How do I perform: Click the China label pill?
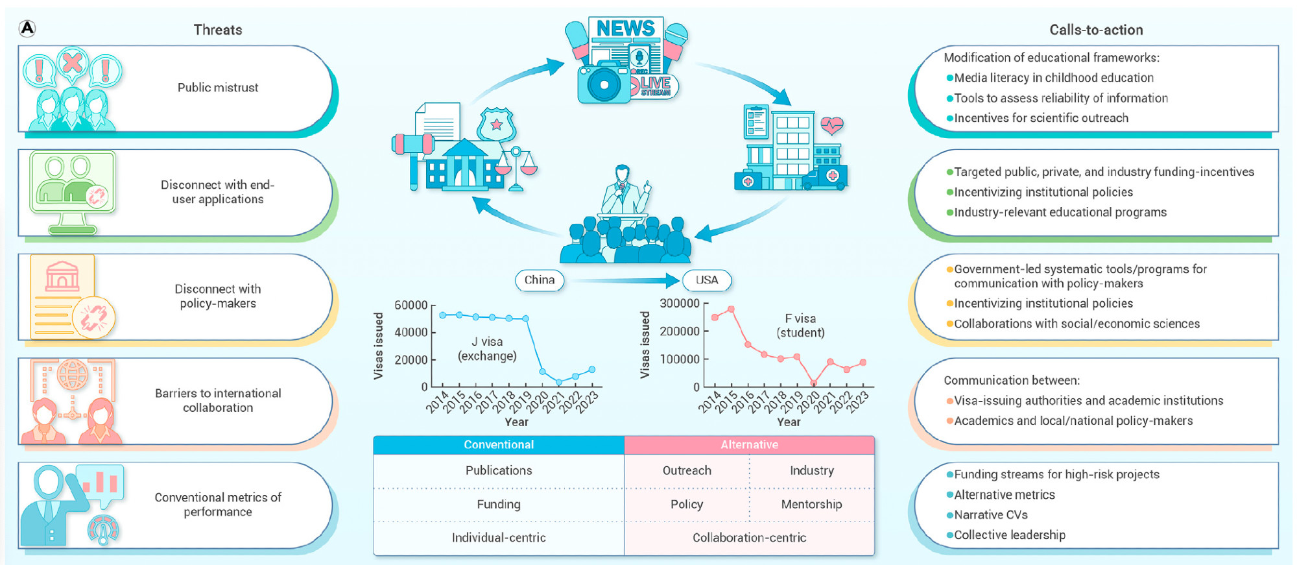coord(539,280)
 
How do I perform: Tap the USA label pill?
coord(706,280)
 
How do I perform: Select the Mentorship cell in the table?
coord(811,504)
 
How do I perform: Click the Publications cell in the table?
coord(498,470)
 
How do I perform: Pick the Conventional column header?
coord(498,444)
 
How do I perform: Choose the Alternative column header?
coord(749,444)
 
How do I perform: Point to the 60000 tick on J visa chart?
coord(411,306)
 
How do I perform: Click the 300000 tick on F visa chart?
coord(679,304)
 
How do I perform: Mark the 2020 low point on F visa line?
coord(814,383)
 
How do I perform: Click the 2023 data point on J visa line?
coord(591,370)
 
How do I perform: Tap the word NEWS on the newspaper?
coord(625,29)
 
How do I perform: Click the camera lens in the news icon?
coord(604,85)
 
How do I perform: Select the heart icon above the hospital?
coord(831,125)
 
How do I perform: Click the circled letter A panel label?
coord(27,29)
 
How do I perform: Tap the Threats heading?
coord(217,30)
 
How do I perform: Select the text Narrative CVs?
coord(990,515)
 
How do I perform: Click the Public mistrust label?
coord(218,88)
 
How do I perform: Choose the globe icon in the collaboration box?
coord(72,374)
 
